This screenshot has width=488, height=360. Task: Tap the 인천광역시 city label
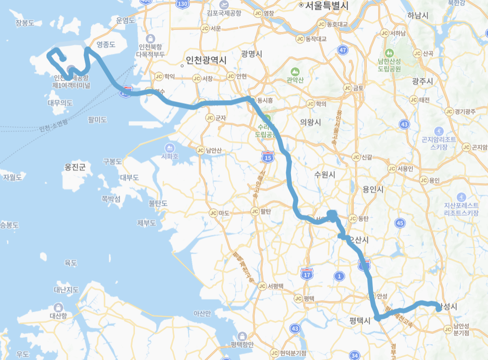coord(206,60)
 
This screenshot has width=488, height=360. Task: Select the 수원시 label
coord(325,175)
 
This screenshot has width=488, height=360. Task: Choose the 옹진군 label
coord(75,167)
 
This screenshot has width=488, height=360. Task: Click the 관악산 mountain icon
coord(292,71)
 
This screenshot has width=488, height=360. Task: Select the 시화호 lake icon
coord(170,147)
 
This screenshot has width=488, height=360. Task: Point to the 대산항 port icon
coord(58,307)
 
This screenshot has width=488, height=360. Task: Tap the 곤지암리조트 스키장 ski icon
coord(439,131)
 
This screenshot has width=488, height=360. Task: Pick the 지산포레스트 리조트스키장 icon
coord(461,197)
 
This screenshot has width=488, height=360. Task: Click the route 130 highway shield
coord(183,4)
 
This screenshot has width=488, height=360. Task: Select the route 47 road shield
coord(342,50)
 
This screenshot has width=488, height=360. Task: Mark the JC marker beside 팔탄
coord(255,211)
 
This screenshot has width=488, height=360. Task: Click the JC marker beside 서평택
coord(262,286)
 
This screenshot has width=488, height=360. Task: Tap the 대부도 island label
coord(129,178)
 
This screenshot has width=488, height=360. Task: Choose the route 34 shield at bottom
coord(355,355)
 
